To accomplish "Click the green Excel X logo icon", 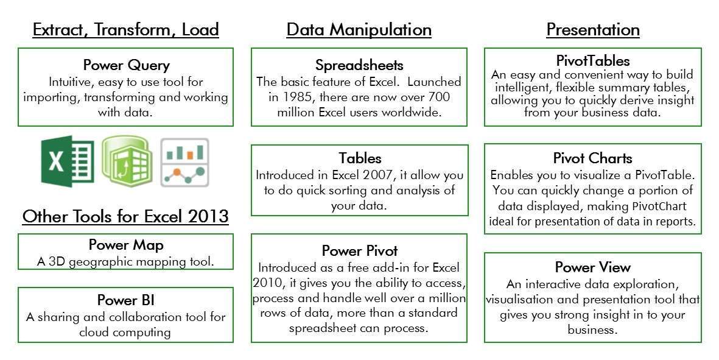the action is pos(68,161).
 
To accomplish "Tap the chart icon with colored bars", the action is pos(185,163).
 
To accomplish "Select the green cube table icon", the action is pos(127,161).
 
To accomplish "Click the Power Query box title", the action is pos(127,65).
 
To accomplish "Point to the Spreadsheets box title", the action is pos(359,65).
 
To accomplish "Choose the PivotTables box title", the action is pos(593,60).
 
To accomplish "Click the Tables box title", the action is pos(360,158).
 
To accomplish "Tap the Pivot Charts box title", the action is pos(593,158).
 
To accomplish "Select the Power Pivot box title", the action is pos(359,251).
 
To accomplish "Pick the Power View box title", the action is pos(593,267).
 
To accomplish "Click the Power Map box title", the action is pos(126,245).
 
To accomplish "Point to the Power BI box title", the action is pos(125,300).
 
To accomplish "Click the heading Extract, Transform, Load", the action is pos(125,30).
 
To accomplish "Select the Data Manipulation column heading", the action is pos(359,30).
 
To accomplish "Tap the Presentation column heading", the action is pos(593,30).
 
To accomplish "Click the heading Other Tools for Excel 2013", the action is pos(125,216).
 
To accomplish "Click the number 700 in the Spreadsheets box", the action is pos(439,97).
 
